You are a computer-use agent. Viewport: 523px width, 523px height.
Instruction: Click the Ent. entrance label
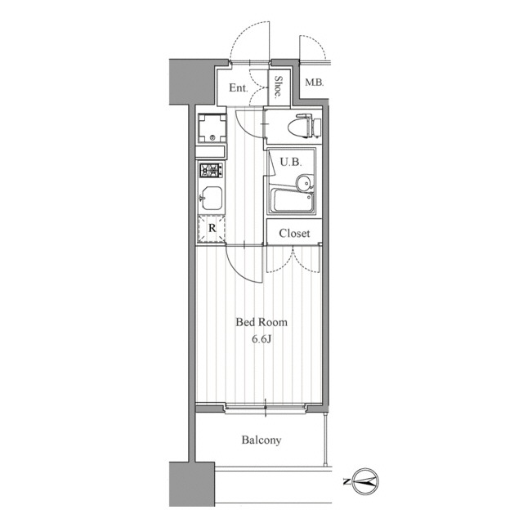pos(239,88)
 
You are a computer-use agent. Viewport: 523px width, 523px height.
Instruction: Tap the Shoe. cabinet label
pos(279,87)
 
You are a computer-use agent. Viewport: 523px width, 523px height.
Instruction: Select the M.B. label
pos(314,83)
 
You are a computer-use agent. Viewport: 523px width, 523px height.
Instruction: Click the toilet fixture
pos(304,126)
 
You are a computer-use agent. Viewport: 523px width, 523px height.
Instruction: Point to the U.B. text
pos(291,163)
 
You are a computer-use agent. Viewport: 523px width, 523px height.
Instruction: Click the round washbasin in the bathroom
pos(304,183)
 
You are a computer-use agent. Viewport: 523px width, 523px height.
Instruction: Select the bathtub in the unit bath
pos(293,201)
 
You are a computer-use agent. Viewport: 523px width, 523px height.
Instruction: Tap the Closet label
pos(294,233)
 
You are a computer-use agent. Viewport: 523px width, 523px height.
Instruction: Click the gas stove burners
pos(212,171)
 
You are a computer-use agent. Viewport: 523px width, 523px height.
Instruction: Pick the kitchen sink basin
pos(211,199)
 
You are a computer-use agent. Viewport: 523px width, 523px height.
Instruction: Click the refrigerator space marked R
pos(212,229)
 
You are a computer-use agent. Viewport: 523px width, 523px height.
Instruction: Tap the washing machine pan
pos(212,129)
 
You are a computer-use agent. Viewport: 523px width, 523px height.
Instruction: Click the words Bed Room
pos(261,322)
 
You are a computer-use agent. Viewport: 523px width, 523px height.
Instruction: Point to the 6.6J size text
pos(261,339)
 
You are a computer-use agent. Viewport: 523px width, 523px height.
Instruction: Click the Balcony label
pos(261,440)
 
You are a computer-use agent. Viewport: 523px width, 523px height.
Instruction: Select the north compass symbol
pos(365,481)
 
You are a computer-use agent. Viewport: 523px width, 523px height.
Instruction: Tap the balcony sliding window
pos(266,409)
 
